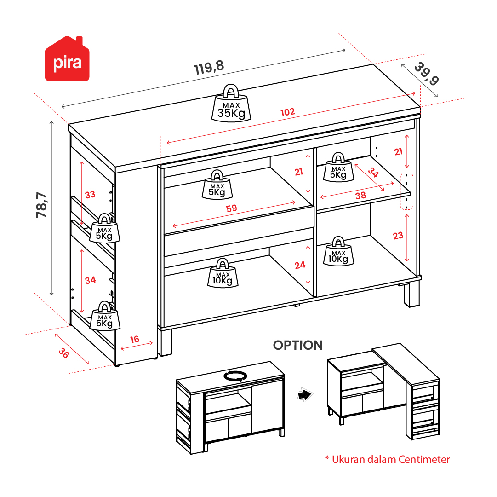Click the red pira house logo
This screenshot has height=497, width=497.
[x=67, y=59]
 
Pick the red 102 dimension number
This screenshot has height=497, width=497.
[x=288, y=112]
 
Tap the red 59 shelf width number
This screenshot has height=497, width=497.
[x=231, y=208]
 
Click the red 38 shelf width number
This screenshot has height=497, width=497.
[x=361, y=196]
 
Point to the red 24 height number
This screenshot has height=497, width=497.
[x=300, y=265]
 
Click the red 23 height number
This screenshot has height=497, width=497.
[x=398, y=236]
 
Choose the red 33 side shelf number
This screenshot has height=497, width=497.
[x=90, y=195]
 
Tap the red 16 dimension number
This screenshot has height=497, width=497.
[x=134, y=340]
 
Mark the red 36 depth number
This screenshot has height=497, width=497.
[x=64, y=353]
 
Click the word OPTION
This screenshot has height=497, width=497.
[x=298, y=345]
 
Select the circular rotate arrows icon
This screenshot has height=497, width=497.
[x=235, y=376]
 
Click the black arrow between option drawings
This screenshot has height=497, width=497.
[x=304, y=395]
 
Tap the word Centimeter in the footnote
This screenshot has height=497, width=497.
[x=424, y=459]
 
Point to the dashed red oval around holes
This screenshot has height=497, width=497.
[x=407, y=191]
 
